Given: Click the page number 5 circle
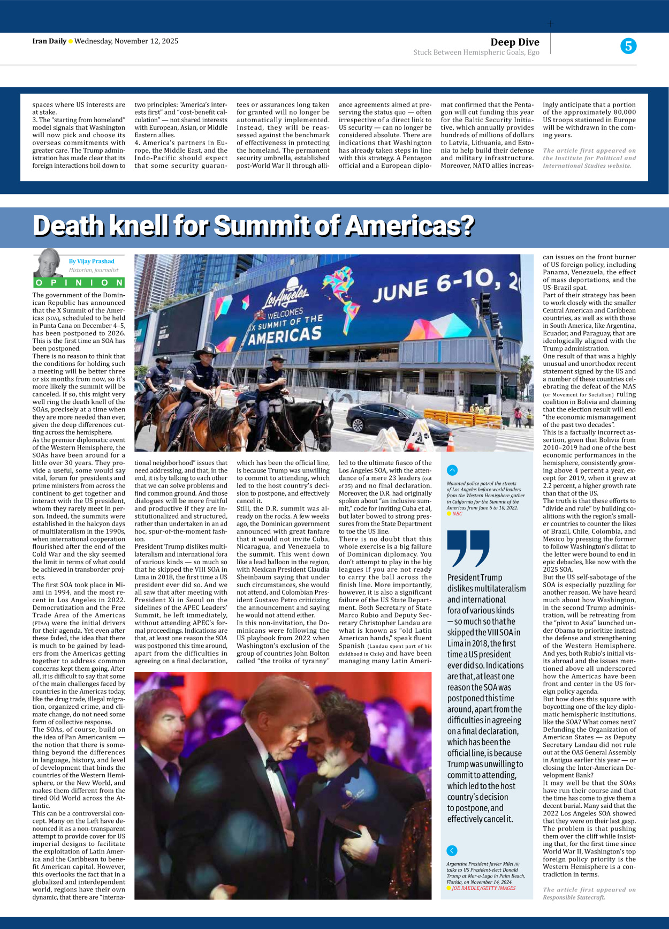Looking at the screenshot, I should point(628,46).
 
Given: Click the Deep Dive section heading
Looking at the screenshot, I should point(514,42).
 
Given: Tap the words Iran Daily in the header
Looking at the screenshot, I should point(49,41).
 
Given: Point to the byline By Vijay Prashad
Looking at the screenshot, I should point(92,261).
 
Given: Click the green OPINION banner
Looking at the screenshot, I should point(79,282).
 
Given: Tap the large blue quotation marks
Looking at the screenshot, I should point(468,548).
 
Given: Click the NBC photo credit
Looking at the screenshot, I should point(457,514).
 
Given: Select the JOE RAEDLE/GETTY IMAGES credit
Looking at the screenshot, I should point(483,888).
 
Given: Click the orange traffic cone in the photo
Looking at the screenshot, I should point(451,441).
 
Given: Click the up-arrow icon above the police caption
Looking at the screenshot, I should point(452,470).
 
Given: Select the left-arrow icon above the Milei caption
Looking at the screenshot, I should point(452,850).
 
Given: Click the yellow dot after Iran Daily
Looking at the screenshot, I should point(71,41).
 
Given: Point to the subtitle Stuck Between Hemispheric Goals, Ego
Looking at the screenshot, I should point(476,53).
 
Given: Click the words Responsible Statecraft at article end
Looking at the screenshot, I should point(574,897).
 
